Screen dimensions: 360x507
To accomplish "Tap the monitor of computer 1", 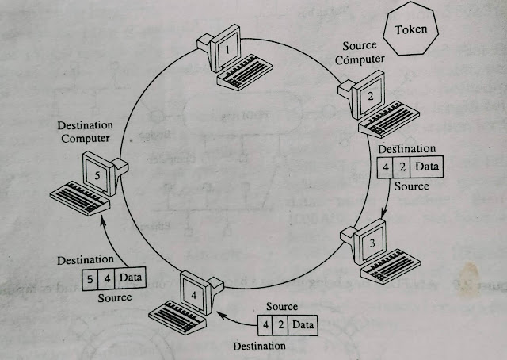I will pos(227,49).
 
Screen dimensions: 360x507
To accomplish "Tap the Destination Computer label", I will pos(85,132).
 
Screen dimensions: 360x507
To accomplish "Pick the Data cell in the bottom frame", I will pos(302,324).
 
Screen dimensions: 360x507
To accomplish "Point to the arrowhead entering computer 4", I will pos(219,316).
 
